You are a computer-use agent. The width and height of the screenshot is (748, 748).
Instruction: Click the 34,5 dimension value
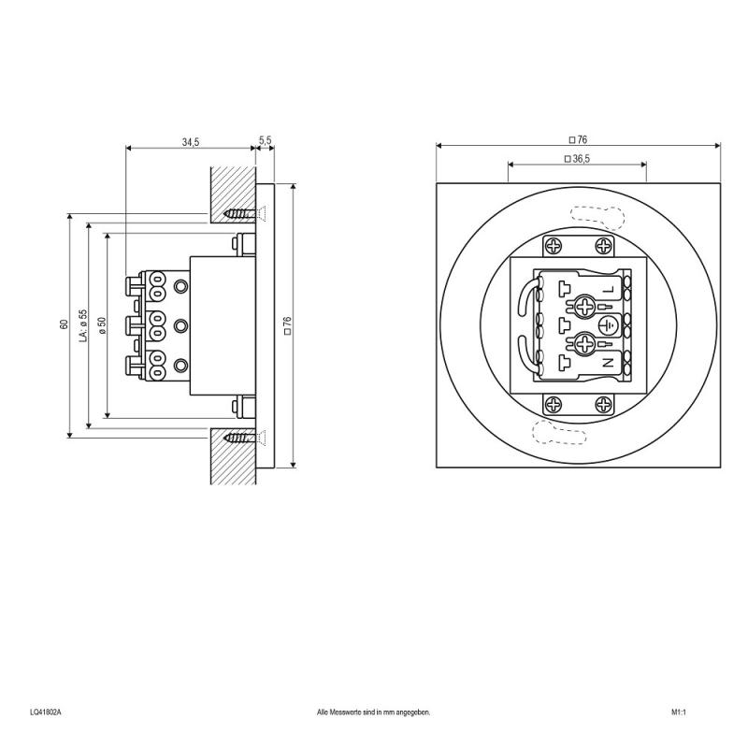tap(190, 141)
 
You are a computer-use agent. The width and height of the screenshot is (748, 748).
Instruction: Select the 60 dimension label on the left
tap(64, 324)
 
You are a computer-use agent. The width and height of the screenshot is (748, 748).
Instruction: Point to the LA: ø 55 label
tap(83, 324)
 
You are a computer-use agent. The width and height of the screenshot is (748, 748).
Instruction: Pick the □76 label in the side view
tap(287, 324)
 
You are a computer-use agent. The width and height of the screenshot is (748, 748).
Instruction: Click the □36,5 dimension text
tap(577, 159)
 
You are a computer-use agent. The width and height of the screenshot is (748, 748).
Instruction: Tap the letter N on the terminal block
tap(608, 361)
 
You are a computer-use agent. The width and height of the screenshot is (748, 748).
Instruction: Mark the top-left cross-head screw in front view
tap(554, 246)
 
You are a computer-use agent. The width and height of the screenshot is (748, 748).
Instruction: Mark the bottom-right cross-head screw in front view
tap(602, 405)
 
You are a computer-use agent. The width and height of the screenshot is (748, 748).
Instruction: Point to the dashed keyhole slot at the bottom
tap(553, 432)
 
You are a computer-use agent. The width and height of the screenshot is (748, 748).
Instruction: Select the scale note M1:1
tap(679, 712)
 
